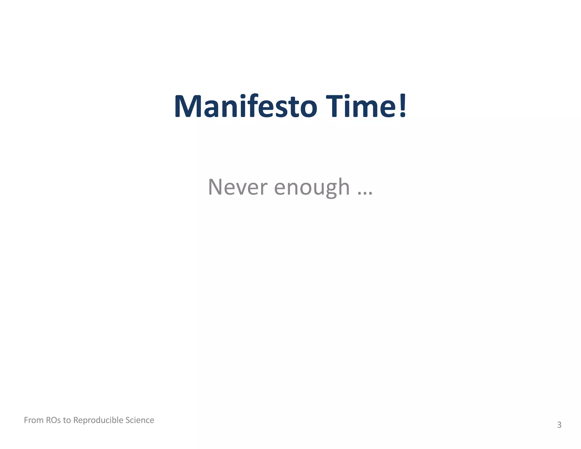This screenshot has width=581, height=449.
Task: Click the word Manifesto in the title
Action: [246, 106]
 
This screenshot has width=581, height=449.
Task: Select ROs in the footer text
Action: [53, 420]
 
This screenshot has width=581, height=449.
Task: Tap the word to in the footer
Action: [67, 420]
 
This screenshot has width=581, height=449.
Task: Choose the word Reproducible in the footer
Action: [98, 420]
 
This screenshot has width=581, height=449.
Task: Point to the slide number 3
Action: [559, 425]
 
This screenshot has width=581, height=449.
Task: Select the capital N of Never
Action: [216, 187]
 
